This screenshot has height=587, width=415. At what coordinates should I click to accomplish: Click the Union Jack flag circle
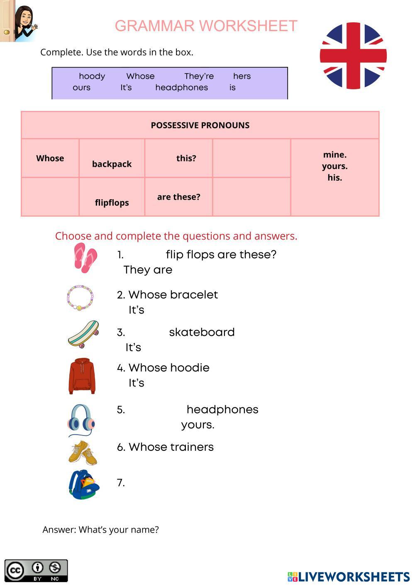pos(353,56)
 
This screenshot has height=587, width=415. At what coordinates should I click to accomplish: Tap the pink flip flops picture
pos(85,258)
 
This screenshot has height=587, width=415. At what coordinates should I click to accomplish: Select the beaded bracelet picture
pos(80,297)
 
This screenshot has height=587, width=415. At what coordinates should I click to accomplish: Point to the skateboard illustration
pos(83,334)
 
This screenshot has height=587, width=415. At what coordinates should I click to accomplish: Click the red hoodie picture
pos(82,376)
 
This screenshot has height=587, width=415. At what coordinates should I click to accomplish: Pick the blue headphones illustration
pos(81,420)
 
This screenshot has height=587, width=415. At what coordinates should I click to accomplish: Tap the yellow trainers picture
pos(83,452)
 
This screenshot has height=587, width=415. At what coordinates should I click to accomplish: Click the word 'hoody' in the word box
pos(92,76)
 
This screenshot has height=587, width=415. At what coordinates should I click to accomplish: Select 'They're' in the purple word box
pos(199,76)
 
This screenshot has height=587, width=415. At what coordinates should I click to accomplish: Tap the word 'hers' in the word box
pos(242,76)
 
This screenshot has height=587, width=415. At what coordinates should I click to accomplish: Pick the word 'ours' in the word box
pos(81,88)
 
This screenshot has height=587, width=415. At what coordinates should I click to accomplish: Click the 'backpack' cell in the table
pos(112,164)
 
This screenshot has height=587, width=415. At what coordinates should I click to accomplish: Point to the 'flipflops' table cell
pos(112,203)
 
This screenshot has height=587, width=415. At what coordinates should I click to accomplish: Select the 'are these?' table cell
pos(178,197)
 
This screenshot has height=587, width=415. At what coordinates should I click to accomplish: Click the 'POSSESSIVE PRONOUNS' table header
pos(200,125)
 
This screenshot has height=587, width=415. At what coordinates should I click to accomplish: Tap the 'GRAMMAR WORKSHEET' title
pos(206,26)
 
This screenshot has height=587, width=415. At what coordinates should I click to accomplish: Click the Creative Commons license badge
pos(36,570)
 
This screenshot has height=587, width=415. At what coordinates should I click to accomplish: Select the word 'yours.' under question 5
pos(198,425)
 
